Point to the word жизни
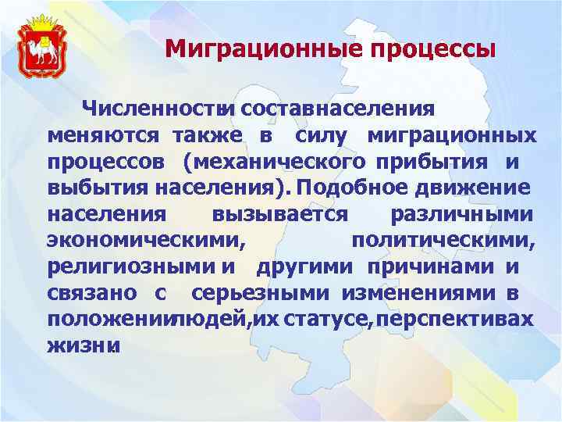click(x=83, y=345)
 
